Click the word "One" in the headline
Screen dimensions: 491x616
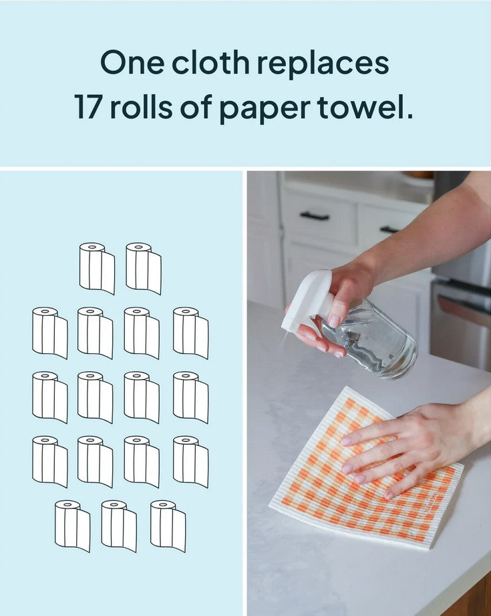(x=132, y=63)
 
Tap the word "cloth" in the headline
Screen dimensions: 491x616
(x=210, y=62)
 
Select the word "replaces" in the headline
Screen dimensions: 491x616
(x=323, y=65)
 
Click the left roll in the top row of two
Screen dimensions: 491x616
(x=97, y=268)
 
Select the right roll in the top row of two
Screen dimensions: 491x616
(x=143, y=268)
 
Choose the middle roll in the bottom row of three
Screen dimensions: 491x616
(x=119, y=526)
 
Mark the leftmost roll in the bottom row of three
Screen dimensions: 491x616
(x=72, y=526)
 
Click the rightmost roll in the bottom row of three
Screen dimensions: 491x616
(x=168, y=526)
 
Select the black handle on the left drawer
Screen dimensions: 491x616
(x=315, y=215)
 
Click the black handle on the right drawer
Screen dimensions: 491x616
(x=389, y=229)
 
